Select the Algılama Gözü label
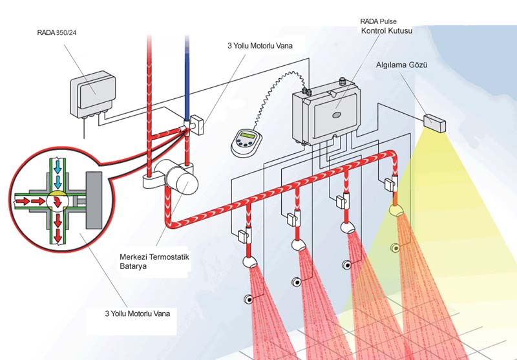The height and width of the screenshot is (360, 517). tap(398, 65)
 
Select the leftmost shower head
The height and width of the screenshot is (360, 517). tap(249, 261)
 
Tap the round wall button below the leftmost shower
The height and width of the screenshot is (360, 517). tap(248, 299)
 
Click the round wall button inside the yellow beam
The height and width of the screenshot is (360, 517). tap(394, 248)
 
